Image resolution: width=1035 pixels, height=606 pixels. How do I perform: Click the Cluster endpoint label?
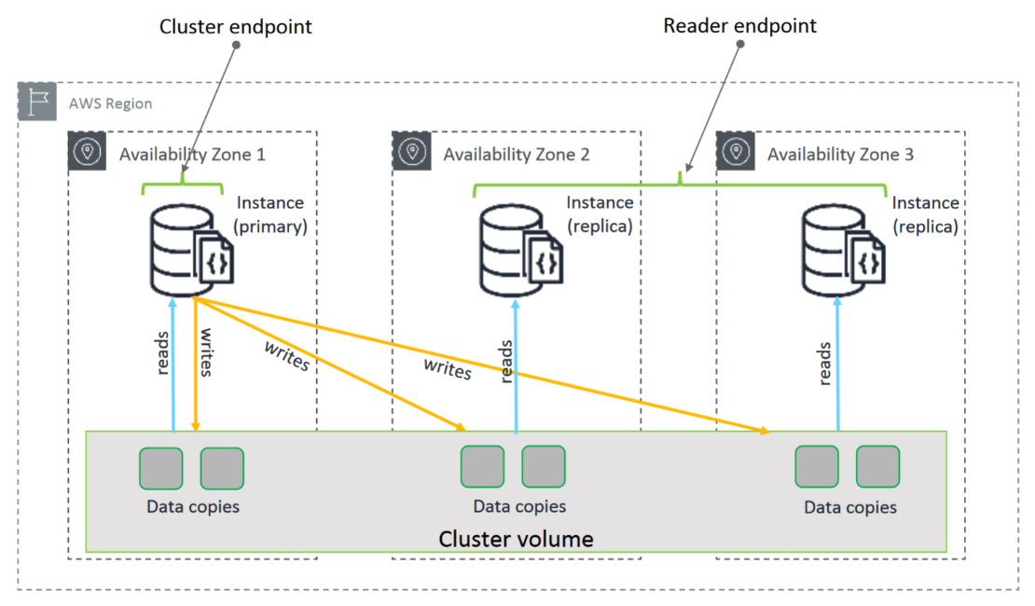click(x=236, y=26)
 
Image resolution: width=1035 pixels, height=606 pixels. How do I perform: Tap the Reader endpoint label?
click(x=739, y=26)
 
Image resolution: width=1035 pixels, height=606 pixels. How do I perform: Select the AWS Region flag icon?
click(x=37, y=102)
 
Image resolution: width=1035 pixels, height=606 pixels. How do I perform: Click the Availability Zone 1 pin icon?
click(x=87, y=151)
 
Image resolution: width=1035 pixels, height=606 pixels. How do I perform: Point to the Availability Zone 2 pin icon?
click(x=412, y=151)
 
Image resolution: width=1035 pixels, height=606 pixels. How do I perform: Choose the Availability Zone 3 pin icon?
click(x=736, y=151)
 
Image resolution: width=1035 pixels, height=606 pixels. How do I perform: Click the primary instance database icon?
click(x=191, y=251)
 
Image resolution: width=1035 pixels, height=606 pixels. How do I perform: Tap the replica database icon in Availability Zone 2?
click(x=521, y=251)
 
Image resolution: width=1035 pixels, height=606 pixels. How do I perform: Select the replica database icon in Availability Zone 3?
click(x=843, y=251)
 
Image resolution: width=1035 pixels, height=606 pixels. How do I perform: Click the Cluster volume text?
click(x=516, y=539)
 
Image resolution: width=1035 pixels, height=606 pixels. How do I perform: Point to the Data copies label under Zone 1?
click(x=193, y=506)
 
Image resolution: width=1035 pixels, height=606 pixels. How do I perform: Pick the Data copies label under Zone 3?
click(x=850, y=507)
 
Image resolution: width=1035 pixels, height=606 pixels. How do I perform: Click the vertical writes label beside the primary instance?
click(x=207, y=352)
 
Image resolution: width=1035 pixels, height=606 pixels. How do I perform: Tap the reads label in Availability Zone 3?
click(x=823, y=364)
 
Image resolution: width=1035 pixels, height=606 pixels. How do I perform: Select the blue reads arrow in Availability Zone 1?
click(x=172, y=365)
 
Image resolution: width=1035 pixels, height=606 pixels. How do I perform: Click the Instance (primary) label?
click(x=270, y=214)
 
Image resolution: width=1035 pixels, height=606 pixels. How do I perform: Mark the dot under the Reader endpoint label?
click(x=740, y=44)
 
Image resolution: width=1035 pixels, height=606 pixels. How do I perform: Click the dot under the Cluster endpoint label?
click(x=236, y=45)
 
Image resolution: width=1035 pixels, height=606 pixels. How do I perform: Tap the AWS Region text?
click(x=110, y=103)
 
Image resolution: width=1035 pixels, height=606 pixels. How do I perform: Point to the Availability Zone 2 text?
click(x=517, y=155)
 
